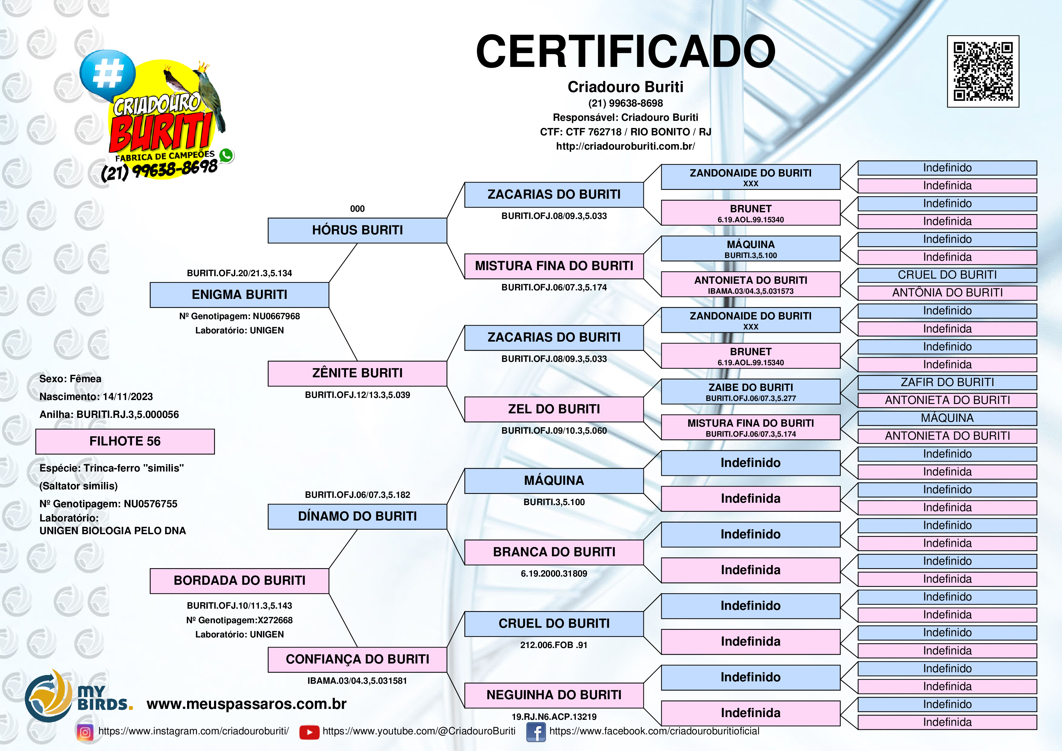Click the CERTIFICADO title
coord(625,52)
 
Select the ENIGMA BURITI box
coord(239,295)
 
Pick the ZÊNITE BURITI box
coord(357,373)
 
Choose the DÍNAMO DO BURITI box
coord(357,516)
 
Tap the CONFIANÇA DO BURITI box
coord(357,659)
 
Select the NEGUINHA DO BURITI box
coord(554,695)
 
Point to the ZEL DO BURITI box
coord(554,409)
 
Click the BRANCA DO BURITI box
coord(554,552)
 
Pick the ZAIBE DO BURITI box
coord(750,392)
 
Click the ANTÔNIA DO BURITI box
coord(947,293)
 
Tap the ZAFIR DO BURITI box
coord(947,382)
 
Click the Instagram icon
coord(85,732)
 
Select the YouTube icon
coord(309,732)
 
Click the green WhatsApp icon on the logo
coord(226,155)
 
